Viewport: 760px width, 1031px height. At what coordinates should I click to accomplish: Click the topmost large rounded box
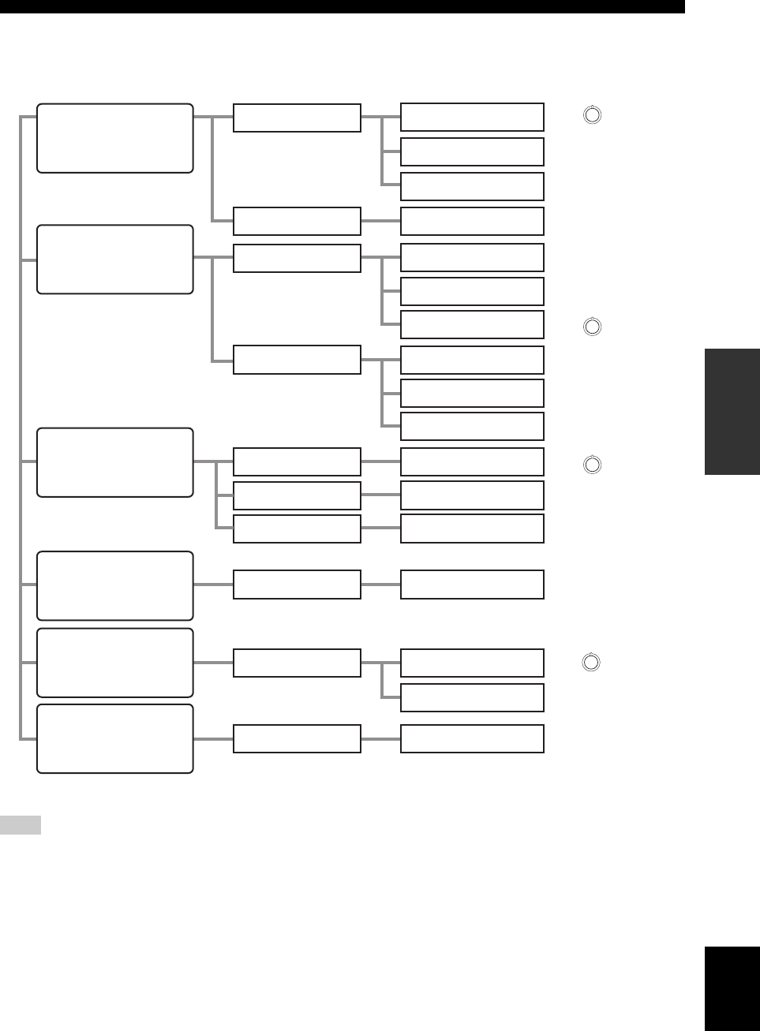(115, 138)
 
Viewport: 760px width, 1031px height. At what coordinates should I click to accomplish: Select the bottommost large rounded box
(115, 738)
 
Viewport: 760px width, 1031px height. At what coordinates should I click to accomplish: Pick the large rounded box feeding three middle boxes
(115, 462)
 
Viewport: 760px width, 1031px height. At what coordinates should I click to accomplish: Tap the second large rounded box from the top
(115, 260)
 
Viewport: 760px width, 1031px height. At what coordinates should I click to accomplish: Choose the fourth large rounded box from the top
(115, 586)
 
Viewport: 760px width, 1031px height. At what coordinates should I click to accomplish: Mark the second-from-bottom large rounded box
(115, 663)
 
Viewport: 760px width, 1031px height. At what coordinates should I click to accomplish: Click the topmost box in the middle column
(297, 118)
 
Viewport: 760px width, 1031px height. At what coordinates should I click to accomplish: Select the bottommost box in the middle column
(297, 738)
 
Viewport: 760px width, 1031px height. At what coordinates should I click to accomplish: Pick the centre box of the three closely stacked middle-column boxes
(297, 495)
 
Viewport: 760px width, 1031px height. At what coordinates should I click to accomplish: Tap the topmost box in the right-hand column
(472, 117)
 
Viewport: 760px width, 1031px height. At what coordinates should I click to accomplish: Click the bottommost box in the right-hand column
(472, 738)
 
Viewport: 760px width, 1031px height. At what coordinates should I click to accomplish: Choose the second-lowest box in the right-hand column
(472, 697)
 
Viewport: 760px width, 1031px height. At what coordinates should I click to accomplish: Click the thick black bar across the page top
(343, 6)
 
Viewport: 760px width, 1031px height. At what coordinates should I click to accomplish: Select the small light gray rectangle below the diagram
(21, 826)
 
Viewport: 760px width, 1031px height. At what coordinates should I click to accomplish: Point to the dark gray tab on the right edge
(732, 412)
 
